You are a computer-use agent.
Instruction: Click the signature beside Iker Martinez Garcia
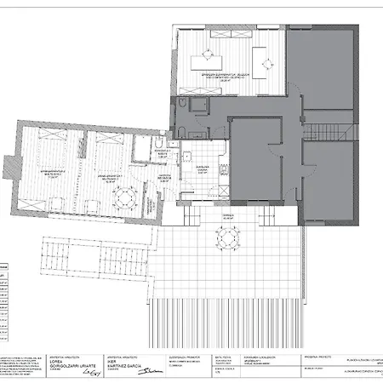tap(151, 369)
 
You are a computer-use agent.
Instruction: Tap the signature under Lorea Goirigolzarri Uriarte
tap(78, 371)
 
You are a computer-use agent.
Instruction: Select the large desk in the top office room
tap(207, 60)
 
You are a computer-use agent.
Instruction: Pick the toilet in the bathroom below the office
tap(182, 129)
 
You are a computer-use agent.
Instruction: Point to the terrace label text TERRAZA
tap(227, 218)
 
